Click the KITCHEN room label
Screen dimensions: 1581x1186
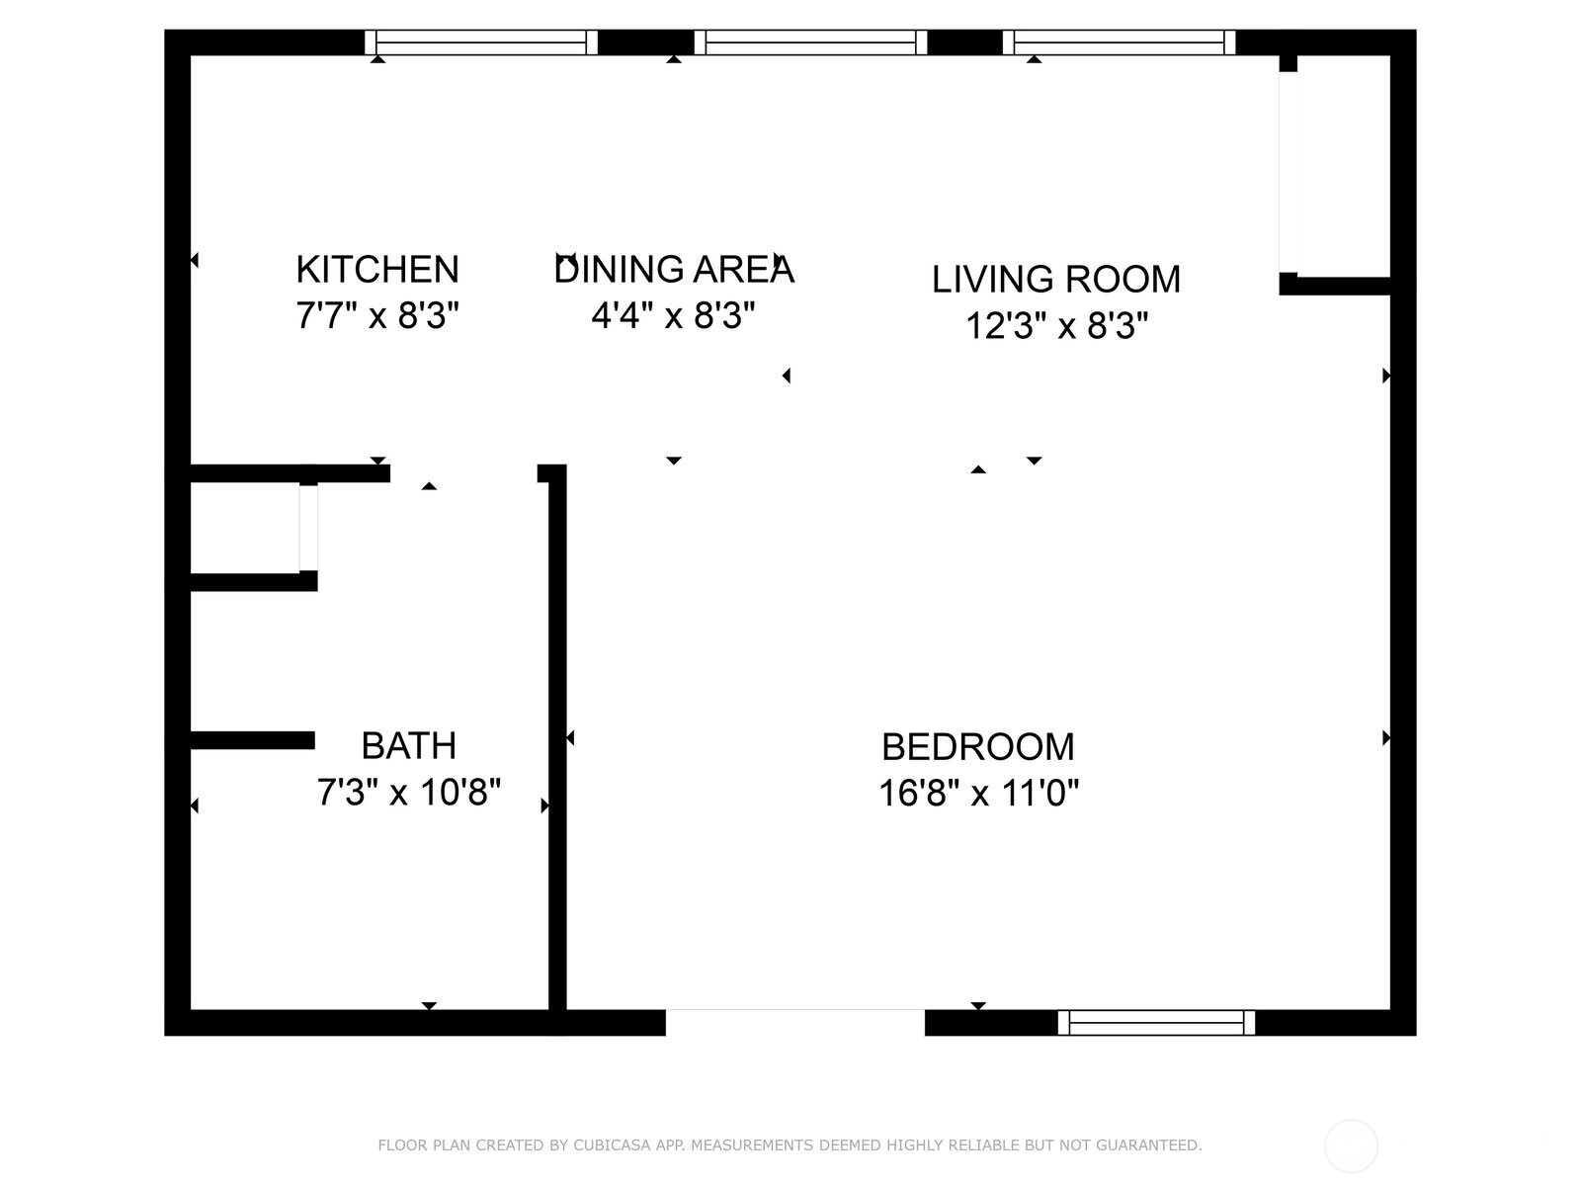point(377,269)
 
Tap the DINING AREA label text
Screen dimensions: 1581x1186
point(674,269)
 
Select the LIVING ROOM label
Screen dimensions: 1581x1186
point(1056,280)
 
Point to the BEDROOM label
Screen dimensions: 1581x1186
point(978,747)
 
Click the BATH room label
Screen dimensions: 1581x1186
point(408,745)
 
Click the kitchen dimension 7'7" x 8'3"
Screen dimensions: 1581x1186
point(377,315)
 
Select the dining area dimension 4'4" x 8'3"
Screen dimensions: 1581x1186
point(674,314)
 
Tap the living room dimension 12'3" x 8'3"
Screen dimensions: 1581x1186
point(1056,325)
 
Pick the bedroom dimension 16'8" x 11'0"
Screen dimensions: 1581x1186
point(979,794)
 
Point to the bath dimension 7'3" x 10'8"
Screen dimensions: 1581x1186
point(408,792)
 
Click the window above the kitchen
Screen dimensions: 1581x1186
point(481,42)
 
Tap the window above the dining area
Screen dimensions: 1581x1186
point(810,42)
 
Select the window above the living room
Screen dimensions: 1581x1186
point(1120,42)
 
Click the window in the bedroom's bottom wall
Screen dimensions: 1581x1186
point(1156,1023)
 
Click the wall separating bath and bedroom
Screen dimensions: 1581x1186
point(557,737)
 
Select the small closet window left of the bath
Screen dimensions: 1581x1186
point(308,529)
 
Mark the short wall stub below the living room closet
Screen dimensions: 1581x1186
point(1335,286)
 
